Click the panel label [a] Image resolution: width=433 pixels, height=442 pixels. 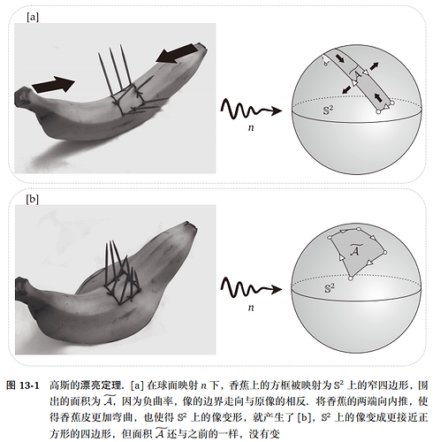pyautogui.click(x=33, y=18)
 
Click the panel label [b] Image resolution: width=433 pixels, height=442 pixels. pyautogui.click(x=33, y=200)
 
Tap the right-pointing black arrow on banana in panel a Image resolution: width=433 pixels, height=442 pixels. pyautogui.click(x=53, y=85)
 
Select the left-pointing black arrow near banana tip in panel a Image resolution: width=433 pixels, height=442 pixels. pyautogui.click(x=178, y=53)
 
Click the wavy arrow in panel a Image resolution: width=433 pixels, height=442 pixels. pyautogui.click(x=251, y=109)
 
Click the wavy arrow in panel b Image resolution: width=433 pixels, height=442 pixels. pyautogui.click(x=251, y=287)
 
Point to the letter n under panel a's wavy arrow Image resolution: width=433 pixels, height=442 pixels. pyautogui.click(x=251, y=128)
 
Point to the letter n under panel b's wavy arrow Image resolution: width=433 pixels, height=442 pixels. pyautogui.click(x=251, y=308)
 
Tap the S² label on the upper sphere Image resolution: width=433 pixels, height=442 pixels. pyautogui.click(x=328, y=110)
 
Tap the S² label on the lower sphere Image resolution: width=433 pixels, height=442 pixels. pyautogui.click(x=330, y=288)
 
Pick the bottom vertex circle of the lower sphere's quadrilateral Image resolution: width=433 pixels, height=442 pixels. pyautogui.click(x=351, y=278)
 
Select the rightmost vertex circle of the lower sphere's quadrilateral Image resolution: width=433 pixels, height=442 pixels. pyautogui.click(x=384, y=252)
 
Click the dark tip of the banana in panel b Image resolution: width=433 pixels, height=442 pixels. pyautogui.click(x=190, y=225)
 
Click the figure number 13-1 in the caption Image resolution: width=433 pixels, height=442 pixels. pyautogui.click(x=29, y=385)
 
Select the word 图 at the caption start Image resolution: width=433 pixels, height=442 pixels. pyautogui.click(x=11, y=385)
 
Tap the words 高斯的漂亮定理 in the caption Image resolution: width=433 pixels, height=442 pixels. pyautogui.click(x=85, y=385)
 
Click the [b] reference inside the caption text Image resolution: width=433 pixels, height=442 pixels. pyautogui.click(x=304, y=417)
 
